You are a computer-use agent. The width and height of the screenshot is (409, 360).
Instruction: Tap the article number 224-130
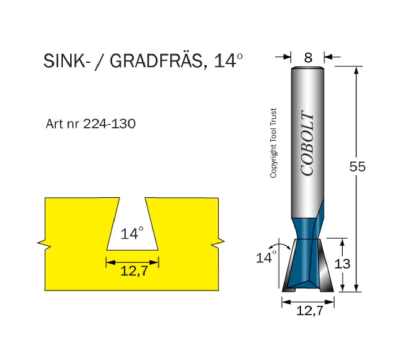(x=109, y=124)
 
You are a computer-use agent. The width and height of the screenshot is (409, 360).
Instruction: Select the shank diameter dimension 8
(x=308, y=58)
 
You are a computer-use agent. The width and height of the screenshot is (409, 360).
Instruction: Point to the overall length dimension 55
(x=357, y=167)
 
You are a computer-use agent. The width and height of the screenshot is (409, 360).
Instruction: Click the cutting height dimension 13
(x=342, y=264)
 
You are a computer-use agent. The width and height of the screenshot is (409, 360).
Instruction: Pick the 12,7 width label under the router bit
(x=309, y=311)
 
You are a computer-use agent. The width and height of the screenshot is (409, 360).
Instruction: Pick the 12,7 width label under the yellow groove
(x=134, y=271)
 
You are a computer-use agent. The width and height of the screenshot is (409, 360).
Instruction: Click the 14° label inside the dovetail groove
(x=132, y=234)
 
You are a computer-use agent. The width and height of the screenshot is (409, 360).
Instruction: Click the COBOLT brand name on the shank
(x=307, y=144)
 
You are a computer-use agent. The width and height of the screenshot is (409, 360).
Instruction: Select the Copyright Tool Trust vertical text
(x=273, y=143)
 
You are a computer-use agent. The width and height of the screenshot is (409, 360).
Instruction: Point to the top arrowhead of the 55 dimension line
(x=357, y=70)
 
